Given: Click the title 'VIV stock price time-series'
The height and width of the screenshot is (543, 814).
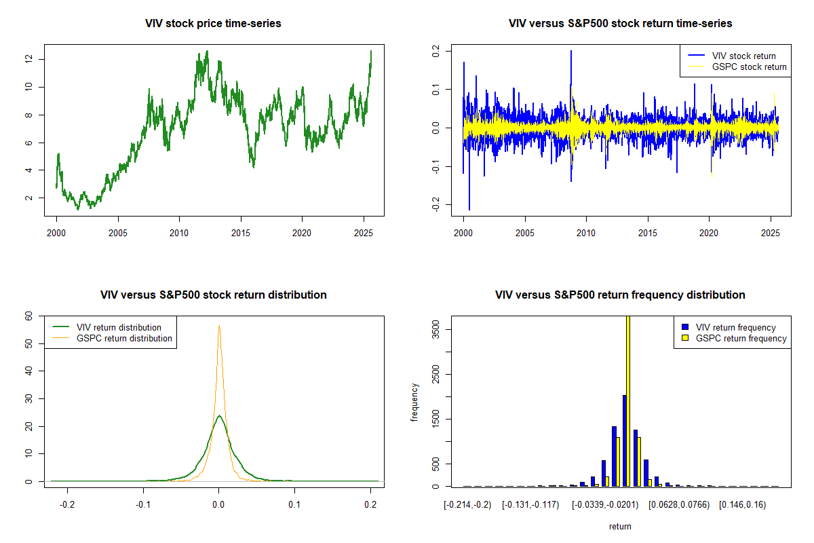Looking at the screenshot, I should point(213,24).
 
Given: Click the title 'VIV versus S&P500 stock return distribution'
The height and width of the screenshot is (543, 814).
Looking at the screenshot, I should point(213,295).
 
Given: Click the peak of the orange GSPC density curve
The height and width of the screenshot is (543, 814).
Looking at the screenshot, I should point(218,326).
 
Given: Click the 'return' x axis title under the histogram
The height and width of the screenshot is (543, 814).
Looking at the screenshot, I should point(620,527).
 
